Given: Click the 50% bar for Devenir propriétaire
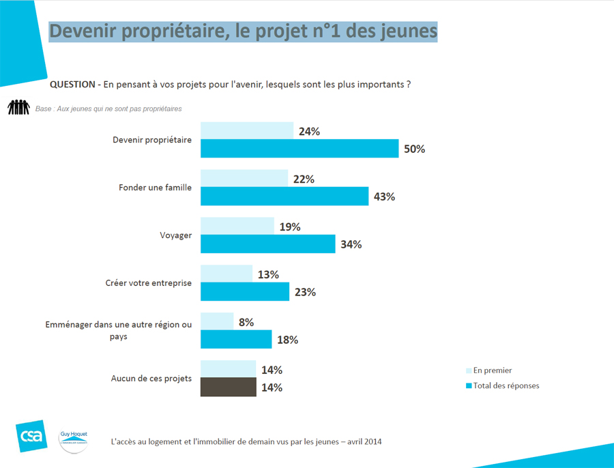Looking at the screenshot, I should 299,148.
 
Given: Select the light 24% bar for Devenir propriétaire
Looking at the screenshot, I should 247,130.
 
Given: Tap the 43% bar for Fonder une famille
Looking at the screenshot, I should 284,196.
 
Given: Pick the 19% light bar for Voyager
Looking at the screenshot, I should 237,226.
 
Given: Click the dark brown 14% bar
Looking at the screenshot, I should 228,387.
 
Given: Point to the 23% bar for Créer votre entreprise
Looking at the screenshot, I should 244,291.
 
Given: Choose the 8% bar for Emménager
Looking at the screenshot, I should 216,321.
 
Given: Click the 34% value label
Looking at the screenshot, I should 350,244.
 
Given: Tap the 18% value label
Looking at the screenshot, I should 287,340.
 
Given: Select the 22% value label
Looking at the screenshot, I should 304,179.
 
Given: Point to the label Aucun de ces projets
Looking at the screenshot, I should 151,379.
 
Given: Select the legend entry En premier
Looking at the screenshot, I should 492,370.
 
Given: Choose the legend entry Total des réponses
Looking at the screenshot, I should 506,385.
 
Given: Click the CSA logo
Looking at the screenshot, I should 31,435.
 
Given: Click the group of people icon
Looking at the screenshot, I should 18,108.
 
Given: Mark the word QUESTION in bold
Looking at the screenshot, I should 72,85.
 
